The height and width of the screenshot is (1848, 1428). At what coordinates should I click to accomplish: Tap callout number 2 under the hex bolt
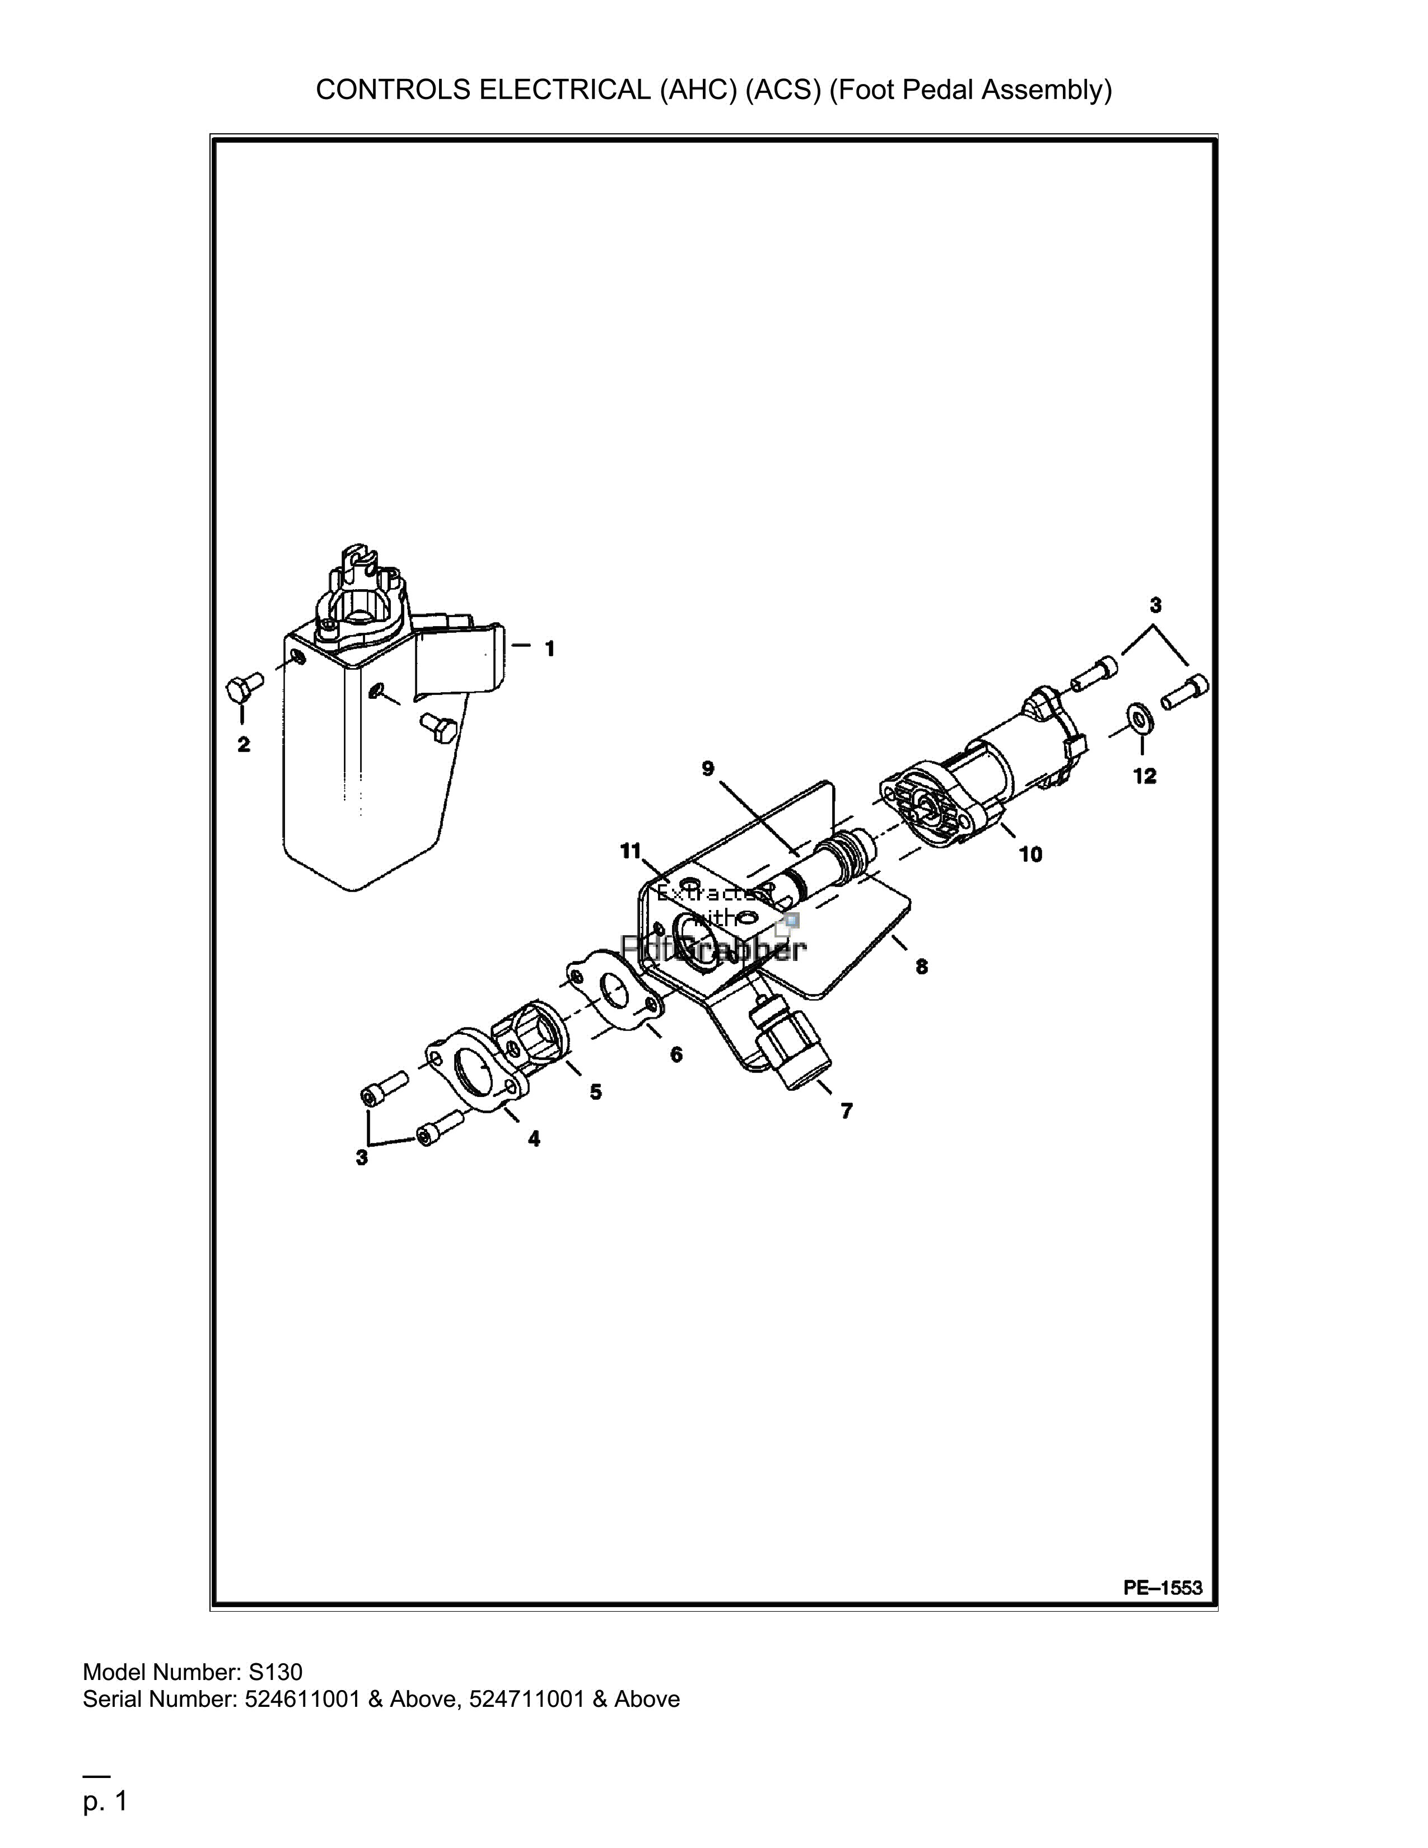244,745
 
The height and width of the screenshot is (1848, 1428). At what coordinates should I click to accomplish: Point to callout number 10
1030,855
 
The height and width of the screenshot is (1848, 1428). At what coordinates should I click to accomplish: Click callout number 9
707,768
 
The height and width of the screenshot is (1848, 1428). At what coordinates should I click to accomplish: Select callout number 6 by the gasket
676,1055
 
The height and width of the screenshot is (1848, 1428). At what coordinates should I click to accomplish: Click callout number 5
596,1093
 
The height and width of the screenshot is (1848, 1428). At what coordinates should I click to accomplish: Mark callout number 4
534,1139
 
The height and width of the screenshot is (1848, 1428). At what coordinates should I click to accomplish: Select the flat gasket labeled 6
613,990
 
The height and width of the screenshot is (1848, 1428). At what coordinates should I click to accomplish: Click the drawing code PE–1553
1163,1588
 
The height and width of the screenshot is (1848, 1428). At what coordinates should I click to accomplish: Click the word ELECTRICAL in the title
566,90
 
